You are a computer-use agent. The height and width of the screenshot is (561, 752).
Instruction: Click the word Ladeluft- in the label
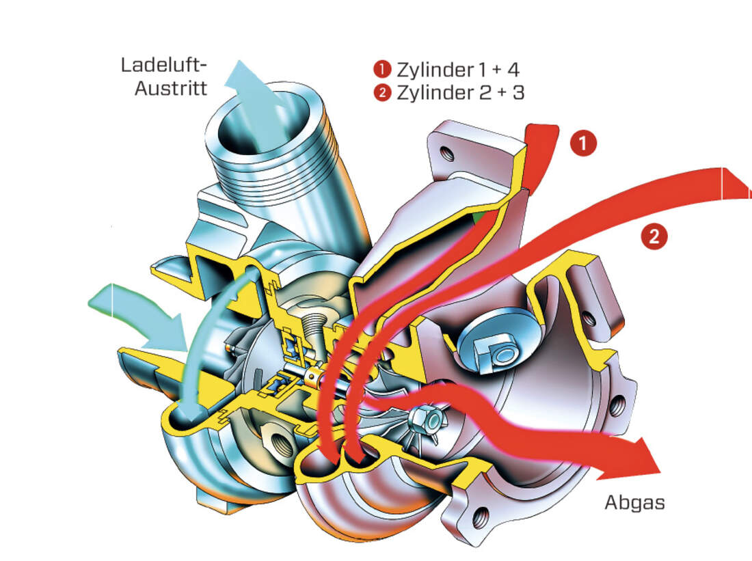[163, 66]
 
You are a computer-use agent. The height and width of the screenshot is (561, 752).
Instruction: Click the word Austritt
[171, 89]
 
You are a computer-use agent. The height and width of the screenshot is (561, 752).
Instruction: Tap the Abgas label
[634, 502]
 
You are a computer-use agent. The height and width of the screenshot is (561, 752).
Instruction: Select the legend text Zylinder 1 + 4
[458, 70]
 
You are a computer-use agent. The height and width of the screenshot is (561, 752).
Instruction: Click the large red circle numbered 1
[582, 144]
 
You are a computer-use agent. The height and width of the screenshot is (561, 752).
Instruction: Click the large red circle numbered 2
[654, 236]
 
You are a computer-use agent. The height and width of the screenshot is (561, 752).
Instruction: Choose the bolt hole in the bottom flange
[481, 513]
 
